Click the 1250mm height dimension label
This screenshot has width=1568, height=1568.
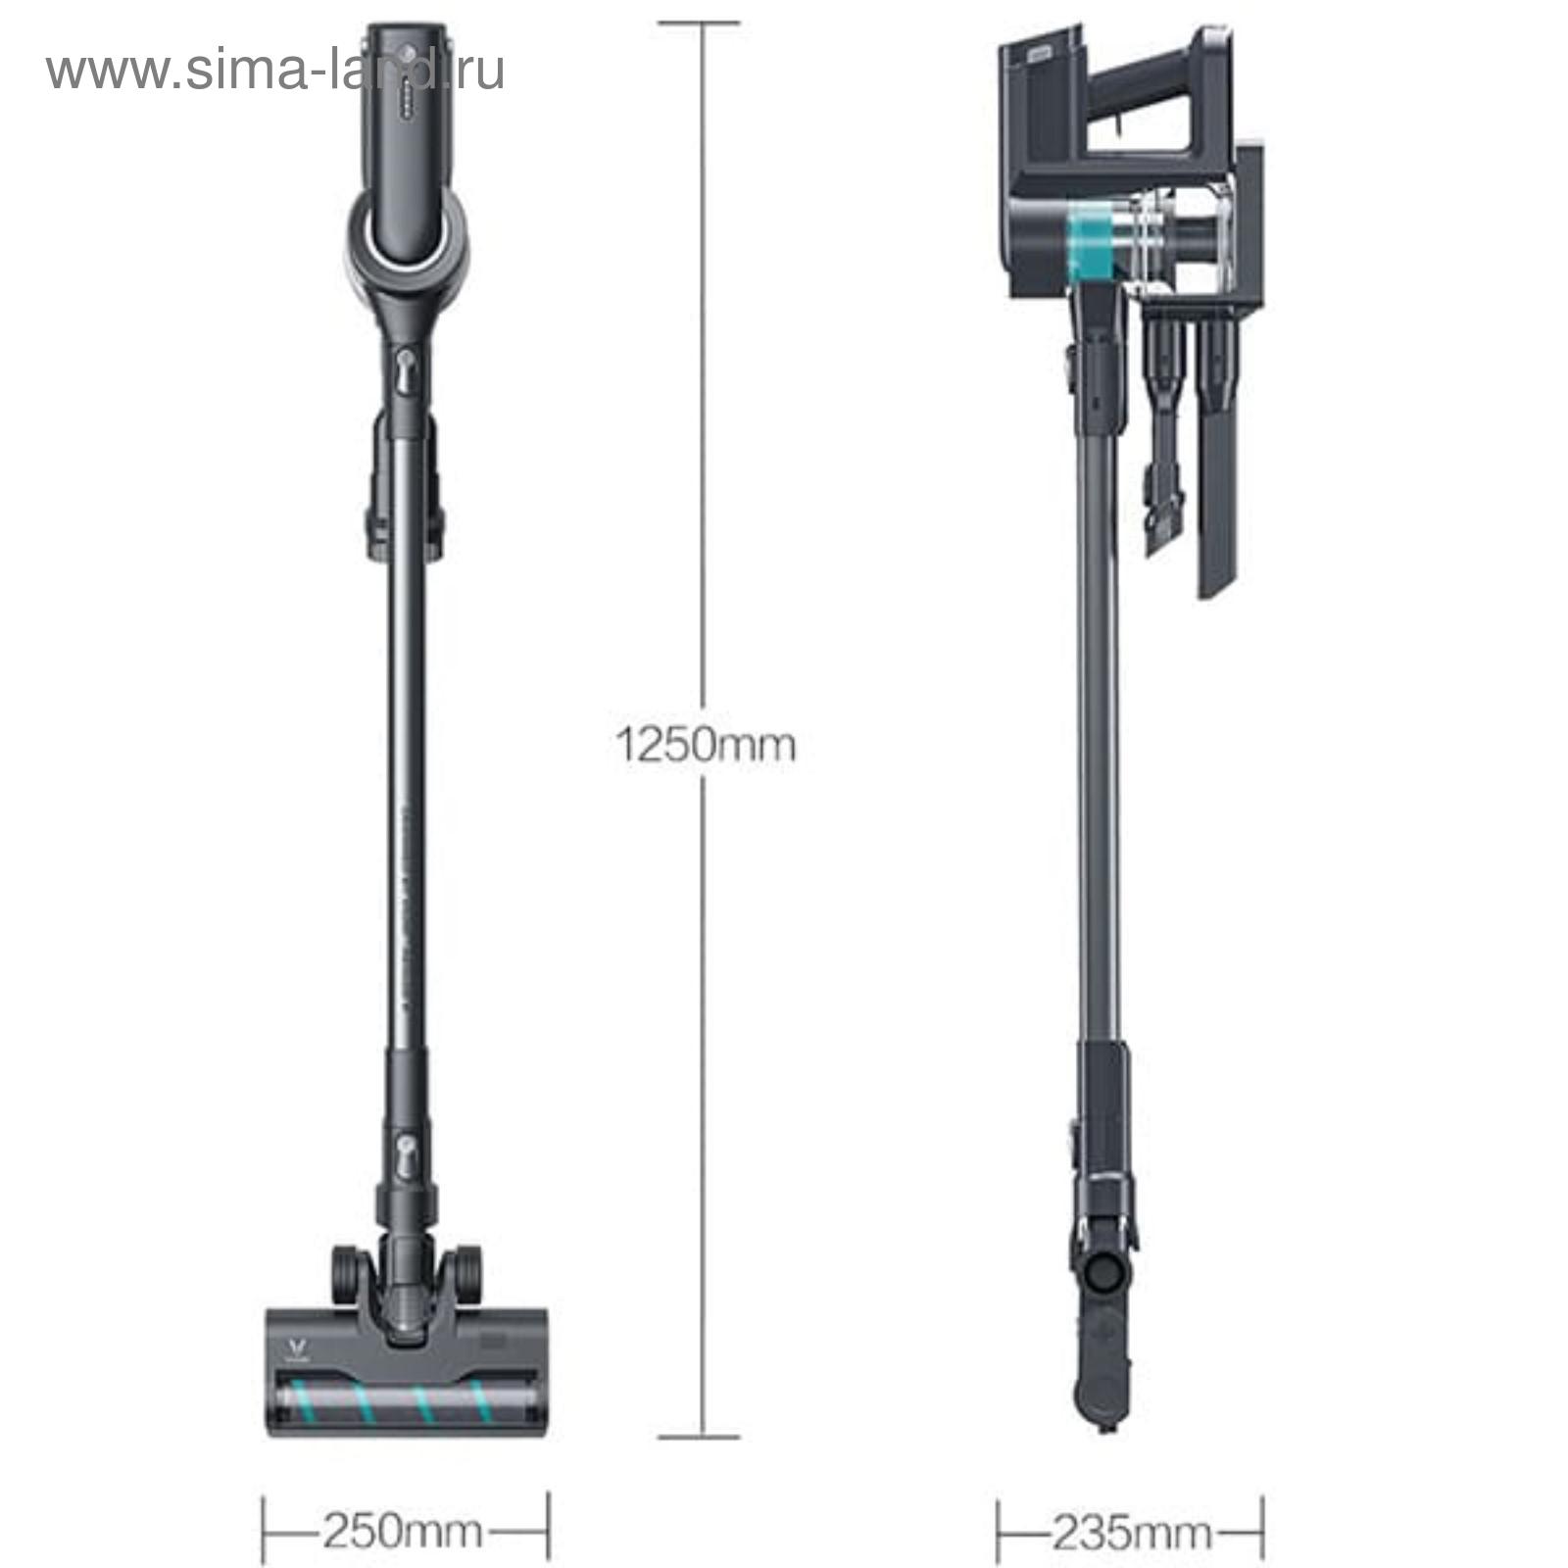click(706, 746)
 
